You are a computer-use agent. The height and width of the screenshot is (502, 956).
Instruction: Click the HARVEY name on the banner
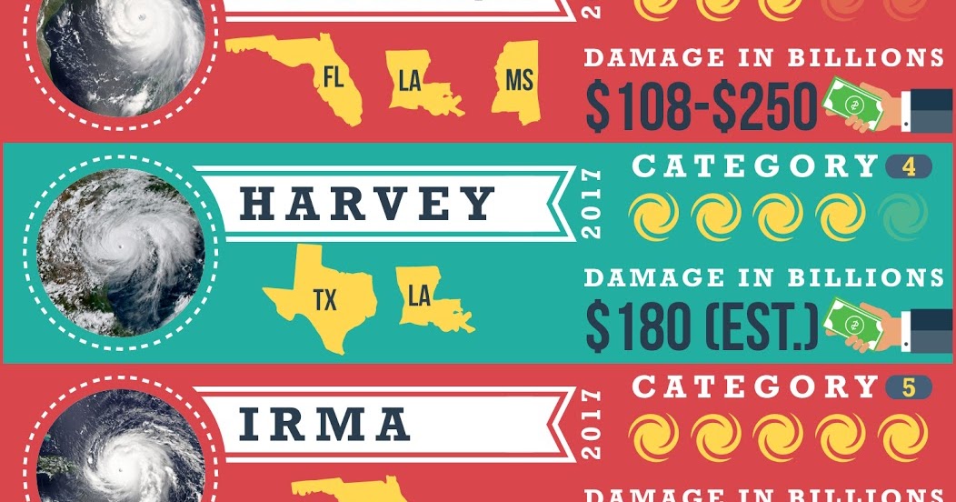click(x=368, y=206)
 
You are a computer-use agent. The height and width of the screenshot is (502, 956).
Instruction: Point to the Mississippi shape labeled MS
click(x=517, y=83)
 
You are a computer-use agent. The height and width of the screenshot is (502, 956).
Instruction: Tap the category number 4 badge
click(x=908, y=167)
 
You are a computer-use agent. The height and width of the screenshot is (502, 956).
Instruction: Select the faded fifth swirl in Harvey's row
click(x=903, y=217)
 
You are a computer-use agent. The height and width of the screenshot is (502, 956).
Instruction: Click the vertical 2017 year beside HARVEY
click(x=593, y=206)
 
